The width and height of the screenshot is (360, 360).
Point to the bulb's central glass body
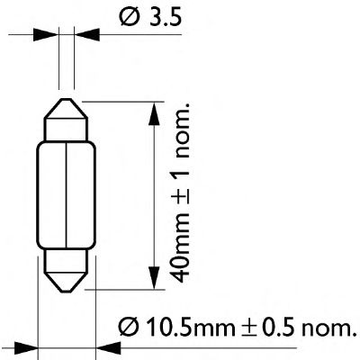[68, 193]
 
